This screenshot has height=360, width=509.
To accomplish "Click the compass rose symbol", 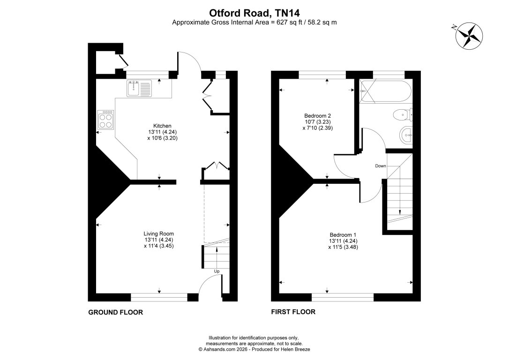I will pos(469,35).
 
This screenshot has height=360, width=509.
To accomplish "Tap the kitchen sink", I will pos(139,88).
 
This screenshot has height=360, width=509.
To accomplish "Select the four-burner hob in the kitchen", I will pos(105,120).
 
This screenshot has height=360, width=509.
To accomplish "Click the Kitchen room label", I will pos(163,126).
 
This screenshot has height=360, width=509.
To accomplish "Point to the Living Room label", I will pos(159,233).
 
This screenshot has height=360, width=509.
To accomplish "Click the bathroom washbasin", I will pos(405,135).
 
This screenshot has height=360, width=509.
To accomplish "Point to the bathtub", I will pos(385,92).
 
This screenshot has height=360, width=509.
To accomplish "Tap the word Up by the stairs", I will pos(217,271).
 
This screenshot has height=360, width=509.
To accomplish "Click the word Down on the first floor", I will pos(380,166).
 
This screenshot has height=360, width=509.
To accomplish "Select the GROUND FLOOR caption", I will pos(115,312).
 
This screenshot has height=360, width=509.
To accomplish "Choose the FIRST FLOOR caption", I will pos(293,312).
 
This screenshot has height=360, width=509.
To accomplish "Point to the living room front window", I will pos(159,297).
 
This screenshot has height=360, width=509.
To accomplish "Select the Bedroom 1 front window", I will pos(343,297).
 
